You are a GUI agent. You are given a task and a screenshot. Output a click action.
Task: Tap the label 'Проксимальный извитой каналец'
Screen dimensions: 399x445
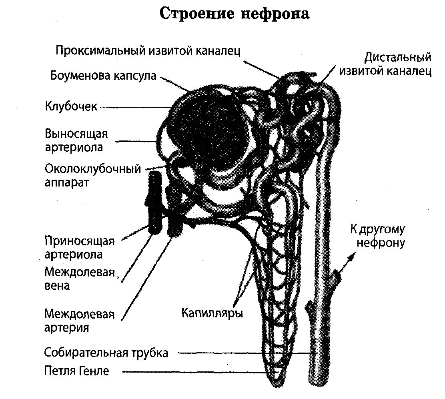(x=148, y=51)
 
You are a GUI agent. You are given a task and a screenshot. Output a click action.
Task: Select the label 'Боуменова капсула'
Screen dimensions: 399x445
(x=104, y=76)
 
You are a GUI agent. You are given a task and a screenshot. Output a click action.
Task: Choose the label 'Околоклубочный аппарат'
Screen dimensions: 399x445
(x=93, y=175)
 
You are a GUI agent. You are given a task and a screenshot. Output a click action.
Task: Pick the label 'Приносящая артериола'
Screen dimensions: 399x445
(x=79, y=248)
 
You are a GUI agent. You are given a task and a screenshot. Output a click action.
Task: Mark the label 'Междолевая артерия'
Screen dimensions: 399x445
(x=79, y=320)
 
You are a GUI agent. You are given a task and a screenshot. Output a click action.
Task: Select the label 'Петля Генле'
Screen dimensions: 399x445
(x=76, y=371)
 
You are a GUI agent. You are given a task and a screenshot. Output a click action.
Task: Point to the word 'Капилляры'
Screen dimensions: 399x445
(x=212, y=312)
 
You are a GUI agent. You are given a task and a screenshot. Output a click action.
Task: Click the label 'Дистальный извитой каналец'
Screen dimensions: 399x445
(x=385, y=64)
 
